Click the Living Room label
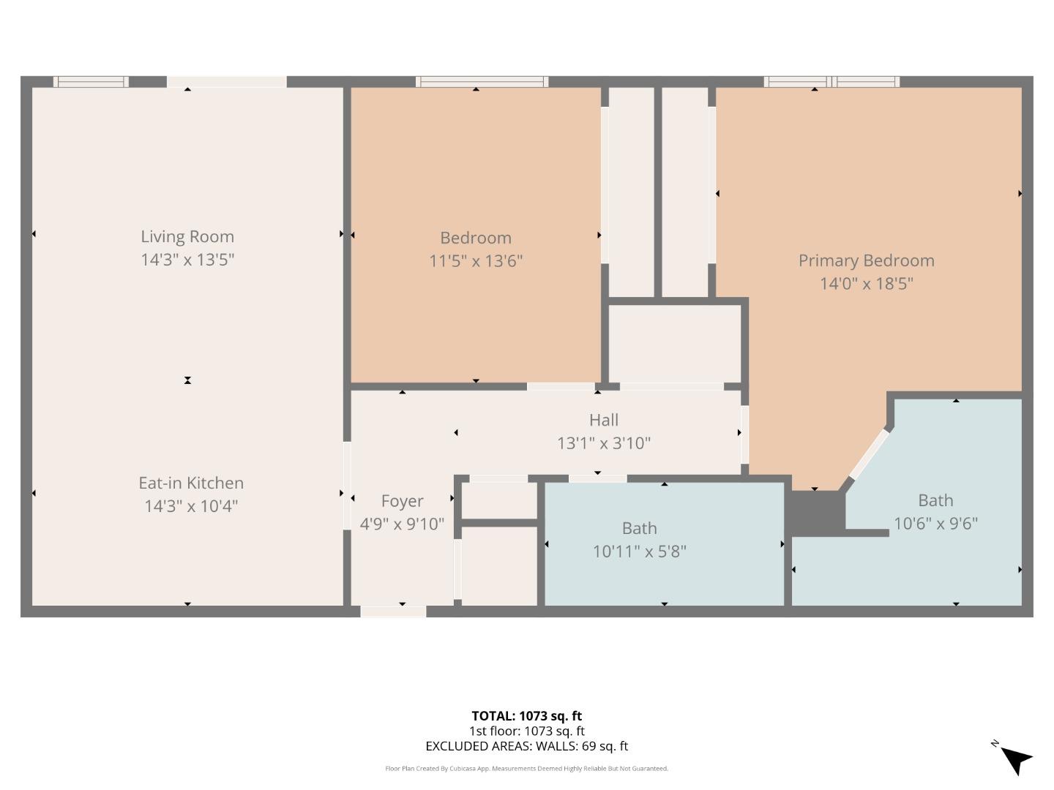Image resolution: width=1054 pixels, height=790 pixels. tap(187, 237)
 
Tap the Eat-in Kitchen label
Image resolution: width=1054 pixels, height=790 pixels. tap(191, 484)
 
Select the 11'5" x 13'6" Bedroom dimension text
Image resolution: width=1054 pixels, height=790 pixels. tap(476, 261)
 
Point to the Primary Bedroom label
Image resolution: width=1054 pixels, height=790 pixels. tap(866, 261)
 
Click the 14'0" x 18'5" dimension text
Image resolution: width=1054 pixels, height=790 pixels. tap(866, 284)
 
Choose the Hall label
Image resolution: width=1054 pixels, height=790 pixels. tap(604, 421)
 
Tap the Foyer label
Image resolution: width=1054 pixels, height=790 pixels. tap(402, 502)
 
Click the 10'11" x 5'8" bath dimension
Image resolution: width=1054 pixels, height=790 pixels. tap(639, 552)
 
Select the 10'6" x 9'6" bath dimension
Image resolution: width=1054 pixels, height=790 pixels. tap(935, 524)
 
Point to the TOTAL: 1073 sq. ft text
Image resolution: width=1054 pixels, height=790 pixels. tap(526, 716)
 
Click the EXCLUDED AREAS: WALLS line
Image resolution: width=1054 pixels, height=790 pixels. tap(526, 746)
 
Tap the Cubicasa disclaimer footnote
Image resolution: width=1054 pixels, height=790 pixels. tap(526, 769)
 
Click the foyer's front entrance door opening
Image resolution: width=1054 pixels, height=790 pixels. tap(393, 612)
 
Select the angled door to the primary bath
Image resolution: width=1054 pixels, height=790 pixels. tap(869, 456)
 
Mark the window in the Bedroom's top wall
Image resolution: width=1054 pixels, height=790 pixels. tap(482, 81)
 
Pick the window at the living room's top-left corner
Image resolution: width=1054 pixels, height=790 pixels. tap(91, 81)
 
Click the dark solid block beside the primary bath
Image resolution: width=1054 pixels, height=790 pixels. tap(815, 512)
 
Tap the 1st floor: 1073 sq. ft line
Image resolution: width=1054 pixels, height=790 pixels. tap(526, 731)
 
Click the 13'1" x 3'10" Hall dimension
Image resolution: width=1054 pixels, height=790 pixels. tap(604, 443)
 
